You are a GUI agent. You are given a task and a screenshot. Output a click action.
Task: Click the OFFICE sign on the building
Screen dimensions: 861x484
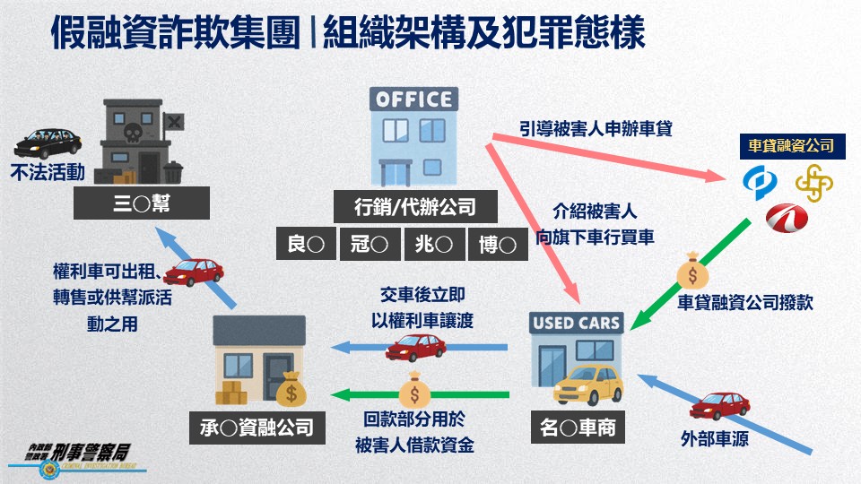pos(414,99)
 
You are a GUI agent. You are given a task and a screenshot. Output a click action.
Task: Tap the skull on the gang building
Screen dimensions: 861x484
pos(133,133)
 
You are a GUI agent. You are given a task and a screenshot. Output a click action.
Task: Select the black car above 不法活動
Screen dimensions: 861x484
pos(48,143)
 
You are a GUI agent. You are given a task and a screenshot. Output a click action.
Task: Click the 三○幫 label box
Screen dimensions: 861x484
pos(142,203)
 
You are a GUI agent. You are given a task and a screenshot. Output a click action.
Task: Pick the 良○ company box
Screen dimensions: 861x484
pos(306,244)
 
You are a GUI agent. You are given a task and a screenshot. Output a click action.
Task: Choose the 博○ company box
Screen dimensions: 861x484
pos(498,244)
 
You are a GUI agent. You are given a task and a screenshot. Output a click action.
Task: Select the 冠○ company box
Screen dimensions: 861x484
pos(370,244)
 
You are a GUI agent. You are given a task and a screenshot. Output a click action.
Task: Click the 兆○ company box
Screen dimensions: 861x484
pos(434,244)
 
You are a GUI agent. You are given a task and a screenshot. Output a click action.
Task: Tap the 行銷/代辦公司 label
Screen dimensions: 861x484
pos(415,207)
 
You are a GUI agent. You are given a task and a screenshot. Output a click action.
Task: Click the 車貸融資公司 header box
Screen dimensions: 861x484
pos(792,146)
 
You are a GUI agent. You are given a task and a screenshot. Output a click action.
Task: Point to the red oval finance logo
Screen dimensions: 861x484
pos(787,218)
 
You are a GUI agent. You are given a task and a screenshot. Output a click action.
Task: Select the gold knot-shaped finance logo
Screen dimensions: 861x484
pos(814,183)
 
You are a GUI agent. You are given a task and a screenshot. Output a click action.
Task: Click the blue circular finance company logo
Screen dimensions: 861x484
pos(760,182)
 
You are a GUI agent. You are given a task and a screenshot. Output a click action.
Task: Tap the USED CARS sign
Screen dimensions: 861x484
pos(576,323)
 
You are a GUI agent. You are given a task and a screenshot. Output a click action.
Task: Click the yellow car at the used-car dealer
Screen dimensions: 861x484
pos(588,385)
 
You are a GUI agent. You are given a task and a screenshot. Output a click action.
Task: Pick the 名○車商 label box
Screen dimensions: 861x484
pos(578,427)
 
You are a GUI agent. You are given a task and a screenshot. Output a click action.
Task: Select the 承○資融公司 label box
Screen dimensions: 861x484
pos(257,428)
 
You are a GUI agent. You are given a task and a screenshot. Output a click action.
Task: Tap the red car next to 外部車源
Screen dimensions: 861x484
pos(720,406)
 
